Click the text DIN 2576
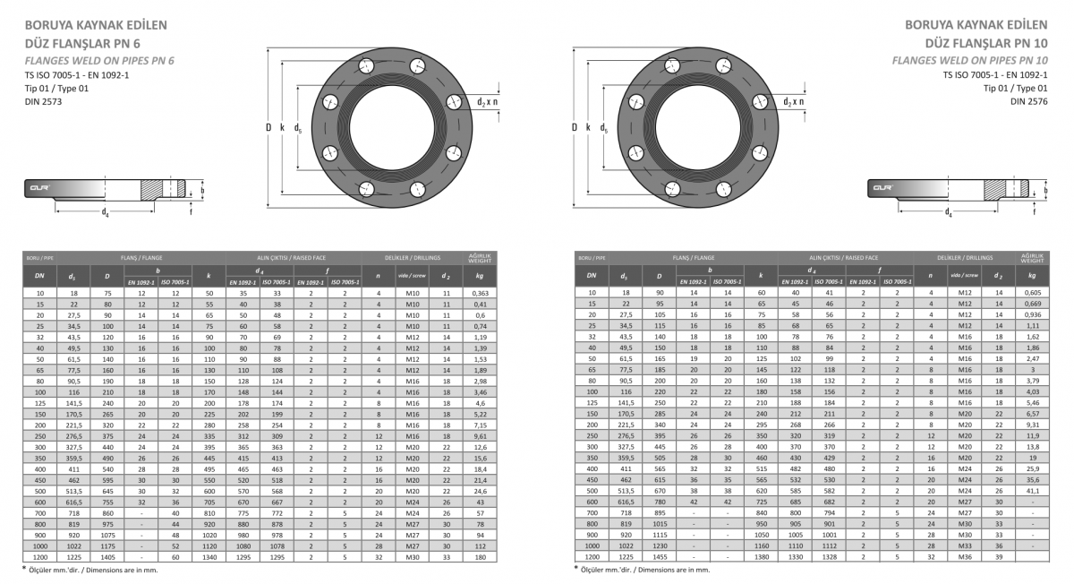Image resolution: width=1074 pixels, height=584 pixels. (1029, 102)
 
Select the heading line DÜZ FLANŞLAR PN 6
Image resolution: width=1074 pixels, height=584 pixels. (81, 42)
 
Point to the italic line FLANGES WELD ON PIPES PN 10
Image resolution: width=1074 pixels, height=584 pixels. (976, 60)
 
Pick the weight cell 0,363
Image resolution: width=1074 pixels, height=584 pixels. (481, 293)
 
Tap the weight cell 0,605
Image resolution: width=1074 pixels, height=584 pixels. (1032, 293)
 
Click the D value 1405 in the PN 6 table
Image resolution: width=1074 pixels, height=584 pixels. (107, 557)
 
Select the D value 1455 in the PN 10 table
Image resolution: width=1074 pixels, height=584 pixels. (659, 557)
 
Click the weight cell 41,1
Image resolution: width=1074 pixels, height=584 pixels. (1032, 491)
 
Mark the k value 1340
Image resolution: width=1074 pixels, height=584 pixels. (209, 557)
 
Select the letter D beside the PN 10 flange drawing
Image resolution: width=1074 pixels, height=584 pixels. (575, 128)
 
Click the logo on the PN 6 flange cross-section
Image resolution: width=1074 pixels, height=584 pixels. (39, 188)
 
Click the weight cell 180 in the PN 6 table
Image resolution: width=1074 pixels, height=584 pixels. (481, 557)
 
